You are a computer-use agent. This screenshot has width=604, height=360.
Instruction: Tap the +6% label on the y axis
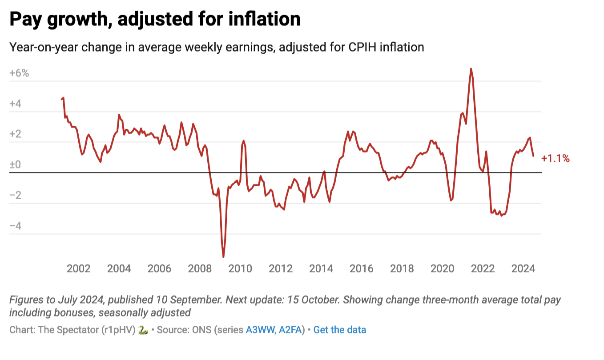[19, 73]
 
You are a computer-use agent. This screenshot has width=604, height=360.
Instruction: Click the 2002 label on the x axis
[79, 269]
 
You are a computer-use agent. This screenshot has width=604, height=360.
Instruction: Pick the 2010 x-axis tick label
[240, 269]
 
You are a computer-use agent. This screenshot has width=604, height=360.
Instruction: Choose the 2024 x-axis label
[523, 269]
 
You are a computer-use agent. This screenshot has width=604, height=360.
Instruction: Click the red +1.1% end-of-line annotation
[555, 158]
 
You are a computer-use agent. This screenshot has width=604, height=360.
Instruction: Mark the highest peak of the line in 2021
[471, 69]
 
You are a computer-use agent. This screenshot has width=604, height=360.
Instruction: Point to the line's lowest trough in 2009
[223, 257]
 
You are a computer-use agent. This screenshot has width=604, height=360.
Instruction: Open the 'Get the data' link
[340, 330]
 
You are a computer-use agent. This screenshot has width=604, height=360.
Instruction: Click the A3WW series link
[260, 330]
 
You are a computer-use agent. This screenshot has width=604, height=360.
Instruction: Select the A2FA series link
[291, 330]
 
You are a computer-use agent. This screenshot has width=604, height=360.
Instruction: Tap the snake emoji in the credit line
[142, 330]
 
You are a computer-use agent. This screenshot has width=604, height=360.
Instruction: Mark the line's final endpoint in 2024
[533, 156]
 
